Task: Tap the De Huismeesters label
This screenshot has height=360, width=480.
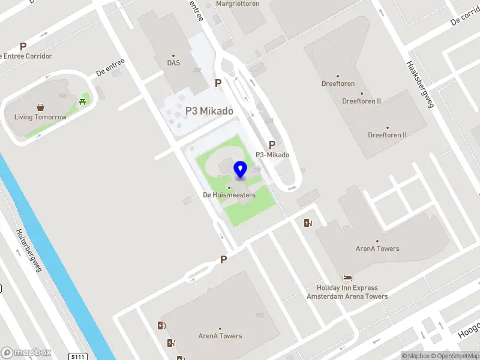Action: pyautogui.click(x=229, y=195)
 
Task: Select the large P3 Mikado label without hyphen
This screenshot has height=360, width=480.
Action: pyautogui.click(x=209, y=111)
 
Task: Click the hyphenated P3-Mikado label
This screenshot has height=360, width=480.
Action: pyautogui.click(x=272, y=155)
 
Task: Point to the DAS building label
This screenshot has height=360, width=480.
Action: pyautogui.click(x=173, y=62)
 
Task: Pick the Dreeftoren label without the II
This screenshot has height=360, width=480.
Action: pyautogui.click(x=338, y=84)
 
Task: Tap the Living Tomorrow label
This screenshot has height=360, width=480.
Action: pyautogui.click(x=40, y=117)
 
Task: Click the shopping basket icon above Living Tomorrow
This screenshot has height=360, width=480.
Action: pyautogui.click(x=40, y=107)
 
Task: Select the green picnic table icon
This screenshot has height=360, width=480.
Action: pyautogui.click(x=82, y=101)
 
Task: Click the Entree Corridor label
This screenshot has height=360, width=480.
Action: pyautogui.click(x=26, y=56)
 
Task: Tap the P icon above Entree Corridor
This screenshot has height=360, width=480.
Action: pyautogui.click(x=23, y=46)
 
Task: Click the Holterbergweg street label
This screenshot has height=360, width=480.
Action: pyautogui.click(x=29, y=251)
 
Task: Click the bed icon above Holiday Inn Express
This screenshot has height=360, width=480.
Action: pyautogui.click(x=347, y=278)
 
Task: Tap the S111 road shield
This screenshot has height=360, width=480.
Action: pyautogui.click(x=78, y=356)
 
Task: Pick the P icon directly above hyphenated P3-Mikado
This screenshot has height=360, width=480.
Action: pyautogui.click(x=272, y=145)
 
